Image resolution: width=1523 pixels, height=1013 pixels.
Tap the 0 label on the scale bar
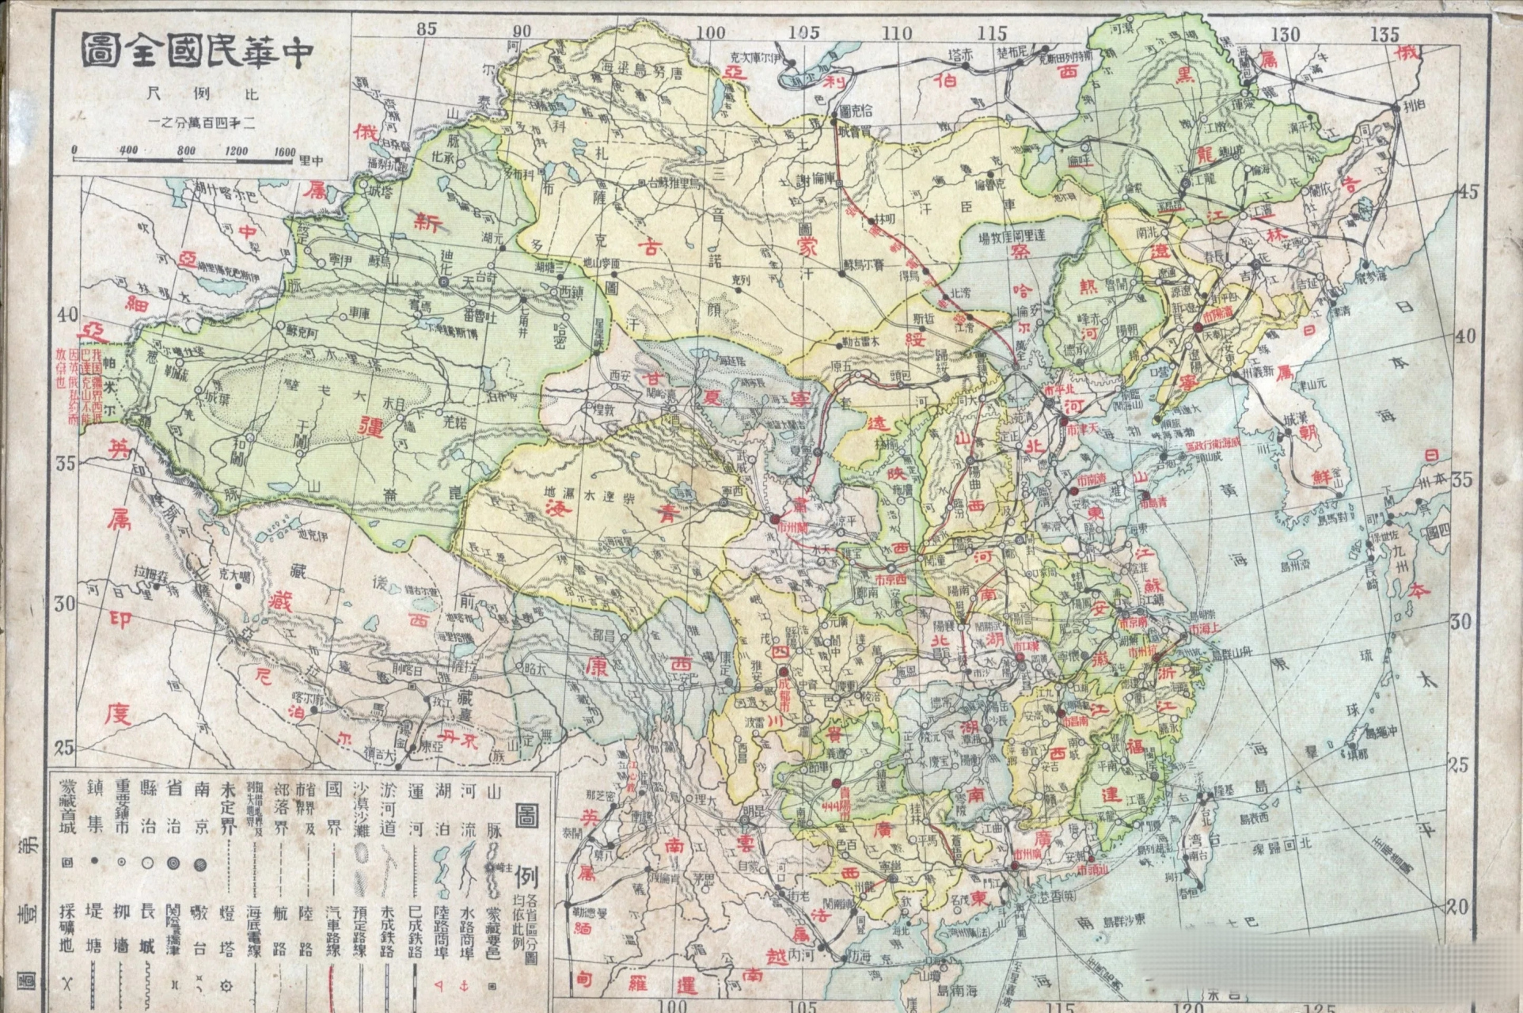pos(74,150)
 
